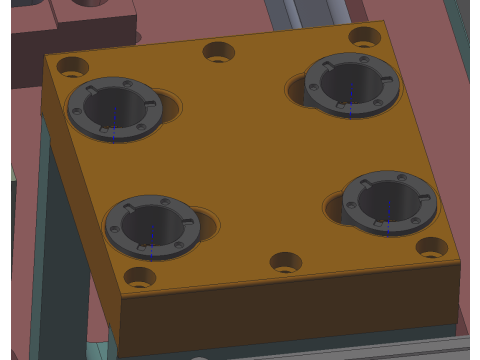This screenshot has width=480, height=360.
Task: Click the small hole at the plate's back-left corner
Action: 72,67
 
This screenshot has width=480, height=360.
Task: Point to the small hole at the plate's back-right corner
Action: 364,37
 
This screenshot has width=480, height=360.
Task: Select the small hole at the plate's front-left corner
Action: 139,276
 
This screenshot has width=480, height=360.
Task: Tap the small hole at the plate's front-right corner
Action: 432,246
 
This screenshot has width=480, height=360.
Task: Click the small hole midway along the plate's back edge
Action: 219,51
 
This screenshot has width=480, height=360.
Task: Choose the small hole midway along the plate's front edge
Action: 286,262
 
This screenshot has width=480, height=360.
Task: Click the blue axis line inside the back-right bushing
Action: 350,103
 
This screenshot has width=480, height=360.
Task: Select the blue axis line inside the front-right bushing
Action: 388,220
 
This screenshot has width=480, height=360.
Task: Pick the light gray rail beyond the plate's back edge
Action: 310,15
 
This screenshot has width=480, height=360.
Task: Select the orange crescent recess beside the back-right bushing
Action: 296,91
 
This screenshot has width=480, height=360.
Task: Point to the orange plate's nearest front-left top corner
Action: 120,297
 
